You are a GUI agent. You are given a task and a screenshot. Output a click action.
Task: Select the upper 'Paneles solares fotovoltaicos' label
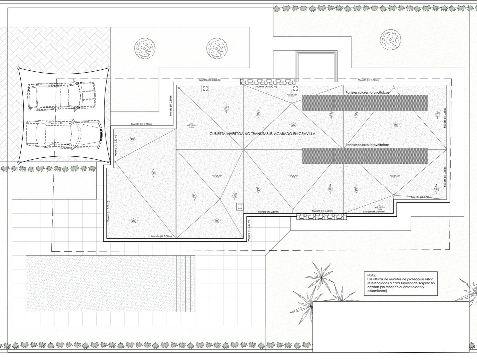pos(367,92)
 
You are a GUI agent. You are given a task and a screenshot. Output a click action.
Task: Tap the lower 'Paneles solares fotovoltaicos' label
pos(367,145)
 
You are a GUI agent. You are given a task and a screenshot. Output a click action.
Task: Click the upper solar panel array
pos(365,103)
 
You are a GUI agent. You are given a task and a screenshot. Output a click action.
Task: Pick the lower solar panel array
pos(365,156)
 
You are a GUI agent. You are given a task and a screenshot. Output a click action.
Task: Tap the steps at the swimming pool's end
pos(186,284)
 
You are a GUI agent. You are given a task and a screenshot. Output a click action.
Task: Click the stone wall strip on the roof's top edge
pos(267,82)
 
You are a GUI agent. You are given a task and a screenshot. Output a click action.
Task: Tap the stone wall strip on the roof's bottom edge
pos(321,217)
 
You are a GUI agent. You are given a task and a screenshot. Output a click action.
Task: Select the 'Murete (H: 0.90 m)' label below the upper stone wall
pos(266,87)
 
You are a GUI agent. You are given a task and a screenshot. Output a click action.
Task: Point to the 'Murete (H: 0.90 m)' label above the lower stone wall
pos(322,211)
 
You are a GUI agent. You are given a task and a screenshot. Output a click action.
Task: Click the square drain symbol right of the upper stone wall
pos(295,89)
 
